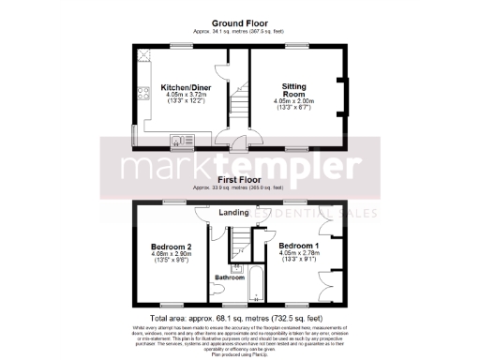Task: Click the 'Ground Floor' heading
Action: pyautogui.click(x=239, y=23)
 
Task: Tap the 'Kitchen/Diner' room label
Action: pyautogui.click(x=178, y=83)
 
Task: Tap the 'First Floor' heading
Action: pyautogui.click(x=239, y=179)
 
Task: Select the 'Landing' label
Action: pyautogui.click(x=233, y=213)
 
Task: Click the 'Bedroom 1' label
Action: pyautogui.click(x=299, y=244)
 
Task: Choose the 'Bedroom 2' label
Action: pyautogui.click(x=171, y=247)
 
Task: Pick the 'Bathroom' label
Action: pyautogui.click(x=229, y=277)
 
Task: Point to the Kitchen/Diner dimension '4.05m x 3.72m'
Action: pyautogui.click(x=178, y=93)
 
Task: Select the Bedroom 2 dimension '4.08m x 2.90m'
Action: pyautogui.click(x=171, y=256)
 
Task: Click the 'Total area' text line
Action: pyautogui.click(x=239, y=318)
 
